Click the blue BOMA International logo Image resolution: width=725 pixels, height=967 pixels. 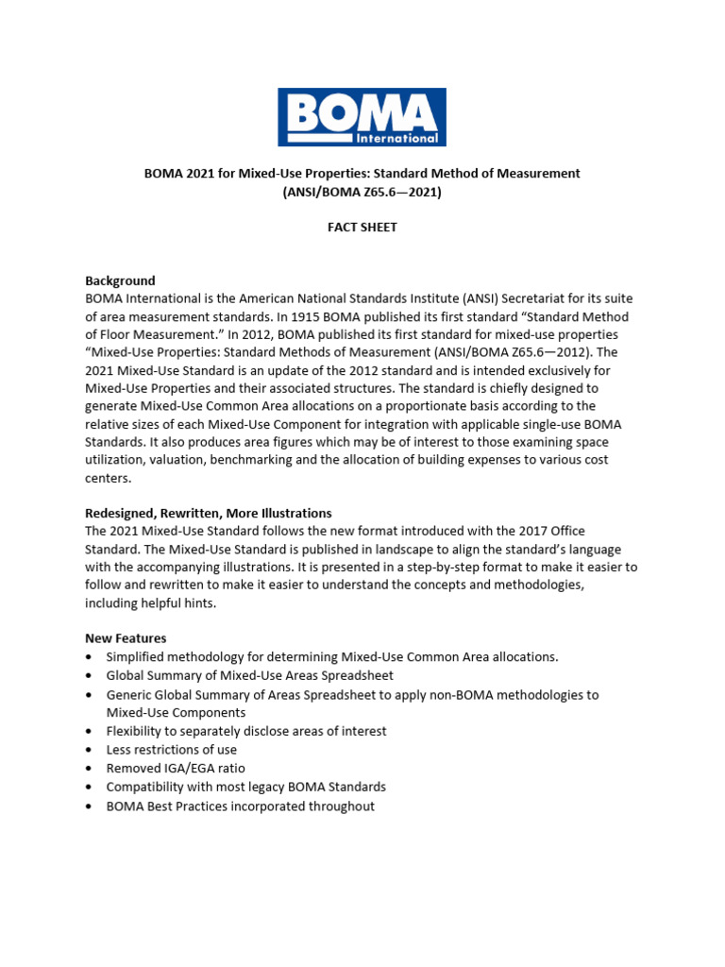point(362,117)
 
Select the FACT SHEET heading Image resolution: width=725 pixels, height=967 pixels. point(362,228)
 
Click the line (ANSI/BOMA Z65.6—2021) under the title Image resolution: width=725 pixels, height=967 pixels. point(362,192)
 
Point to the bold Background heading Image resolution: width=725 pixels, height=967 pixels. point(120,280)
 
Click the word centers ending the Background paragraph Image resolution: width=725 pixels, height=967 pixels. point(109,478)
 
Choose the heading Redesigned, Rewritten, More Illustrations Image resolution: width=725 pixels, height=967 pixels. point(208,514)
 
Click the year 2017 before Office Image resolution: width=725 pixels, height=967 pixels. point(532,532)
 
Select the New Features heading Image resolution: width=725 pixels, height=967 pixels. point(126,639)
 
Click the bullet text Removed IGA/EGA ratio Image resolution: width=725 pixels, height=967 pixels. point(176,769)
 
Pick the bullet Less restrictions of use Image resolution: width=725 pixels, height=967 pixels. point(172,750)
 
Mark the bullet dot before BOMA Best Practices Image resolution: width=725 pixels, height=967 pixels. point(89,806)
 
